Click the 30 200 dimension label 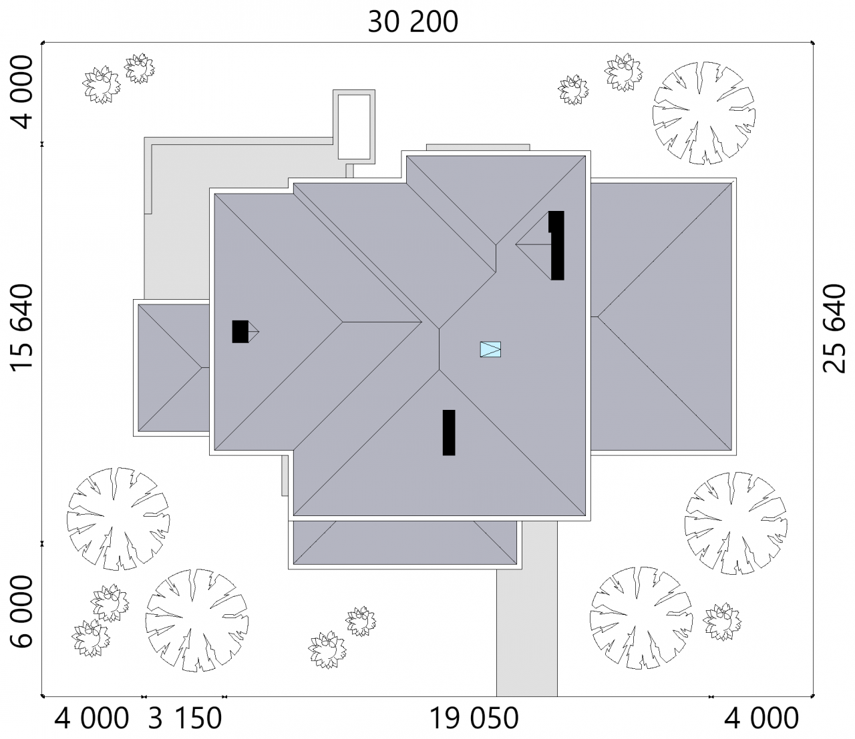(413, 22)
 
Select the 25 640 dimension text (834, 328)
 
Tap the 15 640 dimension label (21, 328)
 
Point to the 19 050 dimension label (474, 718)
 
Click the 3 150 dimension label (185, 718)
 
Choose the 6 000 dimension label (21, 611)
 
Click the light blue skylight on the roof (490, 349)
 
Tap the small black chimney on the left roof (240, 332)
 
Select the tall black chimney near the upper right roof (557, 246)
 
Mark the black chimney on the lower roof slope (449, 433)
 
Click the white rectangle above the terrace (354, 126)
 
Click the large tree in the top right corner (703, 113)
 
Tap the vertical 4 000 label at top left (21, 93)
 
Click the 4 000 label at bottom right (761, 718)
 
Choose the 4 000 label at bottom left (92, 718)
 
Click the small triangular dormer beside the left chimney (254, 332)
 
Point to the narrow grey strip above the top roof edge (478, 148)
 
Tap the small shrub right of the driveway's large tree (722, 622)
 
